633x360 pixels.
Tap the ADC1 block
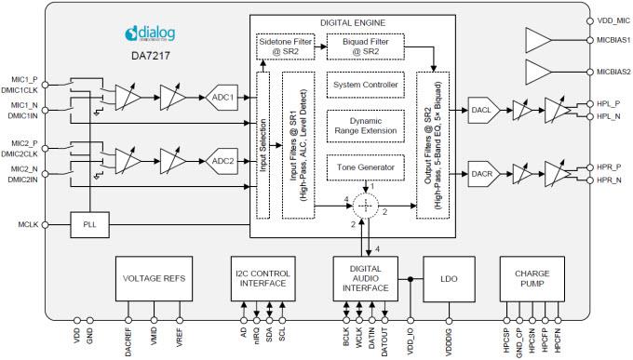tap(223, 96)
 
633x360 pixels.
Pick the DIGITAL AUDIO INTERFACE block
tap(365, 278)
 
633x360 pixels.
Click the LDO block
tap(449, 278)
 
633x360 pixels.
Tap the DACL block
tap(482, 109)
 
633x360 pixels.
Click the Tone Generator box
tap(365, 167)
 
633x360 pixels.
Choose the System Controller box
tap(365, 85)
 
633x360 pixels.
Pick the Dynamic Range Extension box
tap(365, 126)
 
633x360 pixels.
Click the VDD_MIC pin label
tap(609, 20)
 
